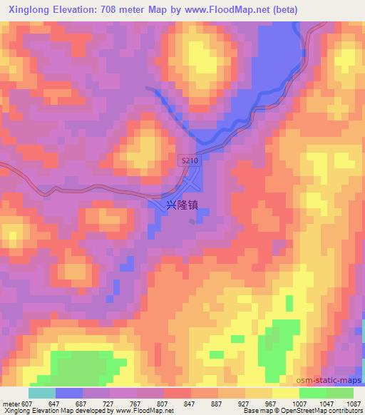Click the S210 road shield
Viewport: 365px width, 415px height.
click(189, 162)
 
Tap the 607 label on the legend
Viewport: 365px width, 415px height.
click(26, 403)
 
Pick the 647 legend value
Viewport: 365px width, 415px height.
click(56, 403)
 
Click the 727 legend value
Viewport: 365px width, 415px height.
click(110, 403)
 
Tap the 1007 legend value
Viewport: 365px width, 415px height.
click(299, 403)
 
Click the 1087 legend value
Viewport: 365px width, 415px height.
click(352, 403)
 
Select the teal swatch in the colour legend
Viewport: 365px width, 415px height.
click(42, 393)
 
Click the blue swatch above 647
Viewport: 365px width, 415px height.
click(69, 393)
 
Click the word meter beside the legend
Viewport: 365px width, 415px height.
click(10, 403)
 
